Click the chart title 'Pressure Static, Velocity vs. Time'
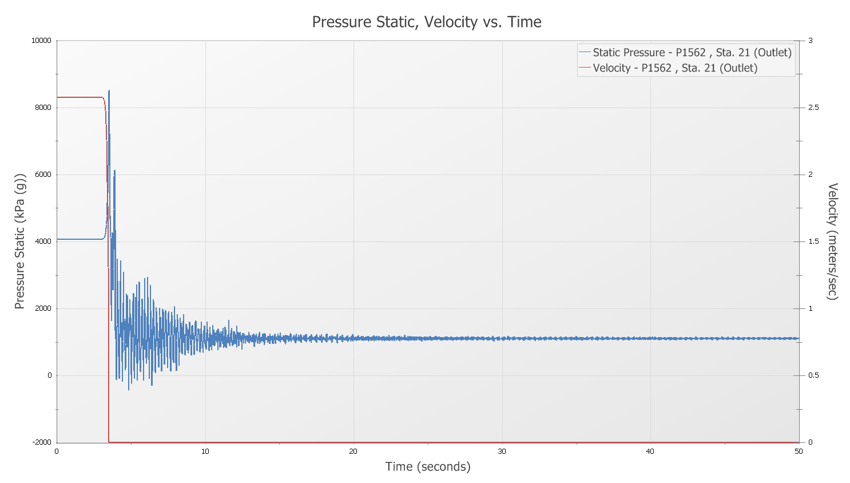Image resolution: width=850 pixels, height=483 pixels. pos(426,22)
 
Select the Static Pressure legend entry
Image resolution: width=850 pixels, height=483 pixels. pos(692,53)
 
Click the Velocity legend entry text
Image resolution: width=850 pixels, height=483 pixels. pos(674,68)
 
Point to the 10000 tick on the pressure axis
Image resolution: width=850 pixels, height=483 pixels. pos(41,41)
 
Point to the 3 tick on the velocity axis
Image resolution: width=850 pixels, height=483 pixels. pos(810,41)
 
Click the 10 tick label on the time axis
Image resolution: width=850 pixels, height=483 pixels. pos(205,452)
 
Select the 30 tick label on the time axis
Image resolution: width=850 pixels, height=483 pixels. pos(502,452)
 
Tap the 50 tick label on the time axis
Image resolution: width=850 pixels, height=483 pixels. pos(799,452)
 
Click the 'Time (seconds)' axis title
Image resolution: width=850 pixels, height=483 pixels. pos(427,466)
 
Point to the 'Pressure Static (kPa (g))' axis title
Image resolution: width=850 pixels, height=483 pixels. pos(20,241)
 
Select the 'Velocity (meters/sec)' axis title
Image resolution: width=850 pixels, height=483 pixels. pos(833,241)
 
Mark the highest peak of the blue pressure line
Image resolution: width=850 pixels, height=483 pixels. pos(109,90)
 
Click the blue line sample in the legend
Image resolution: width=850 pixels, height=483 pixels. pos(585,53)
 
